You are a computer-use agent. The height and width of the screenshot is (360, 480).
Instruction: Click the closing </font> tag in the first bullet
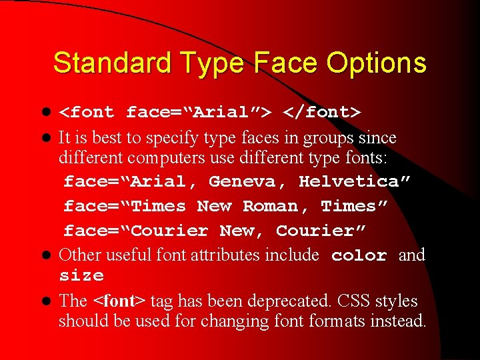point(323,113)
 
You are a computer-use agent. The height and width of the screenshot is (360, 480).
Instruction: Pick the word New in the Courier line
point(242,231)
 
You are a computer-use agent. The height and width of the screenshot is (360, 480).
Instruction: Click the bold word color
point(359,256)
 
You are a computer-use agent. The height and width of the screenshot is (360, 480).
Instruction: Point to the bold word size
point(81,276)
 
